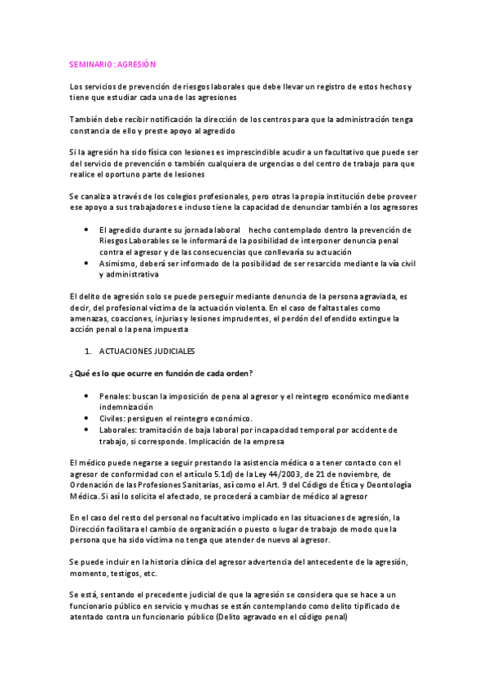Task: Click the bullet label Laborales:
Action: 120,429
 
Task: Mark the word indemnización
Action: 126,406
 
